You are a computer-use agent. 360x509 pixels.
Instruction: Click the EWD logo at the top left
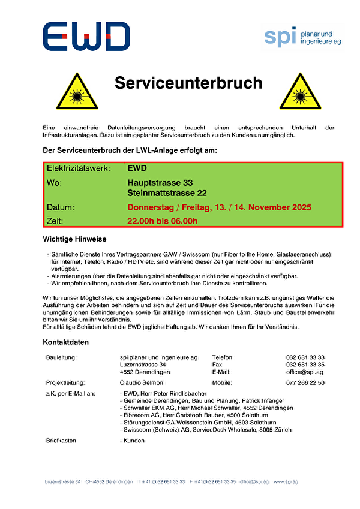click(86, 37)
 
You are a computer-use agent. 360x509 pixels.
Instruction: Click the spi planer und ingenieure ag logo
click(303, 37)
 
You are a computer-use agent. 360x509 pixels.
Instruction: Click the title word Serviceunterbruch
click(188, 83)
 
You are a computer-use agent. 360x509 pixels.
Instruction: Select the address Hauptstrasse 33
click(160, 182)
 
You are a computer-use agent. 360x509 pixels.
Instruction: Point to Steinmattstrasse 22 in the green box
click(167, 193)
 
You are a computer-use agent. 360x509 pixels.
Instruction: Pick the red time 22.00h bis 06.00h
click(162, 221)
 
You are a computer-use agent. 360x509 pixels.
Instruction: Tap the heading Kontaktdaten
click(65, 342)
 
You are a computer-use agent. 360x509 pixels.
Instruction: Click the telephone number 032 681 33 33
click(305, 357)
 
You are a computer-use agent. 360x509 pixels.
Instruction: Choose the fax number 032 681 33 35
click(305, 365)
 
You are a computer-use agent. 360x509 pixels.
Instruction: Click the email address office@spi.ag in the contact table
click(305, 372)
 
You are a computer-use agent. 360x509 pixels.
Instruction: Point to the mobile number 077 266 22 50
click(305, 382)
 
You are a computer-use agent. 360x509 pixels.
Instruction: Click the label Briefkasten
click(61, 440)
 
